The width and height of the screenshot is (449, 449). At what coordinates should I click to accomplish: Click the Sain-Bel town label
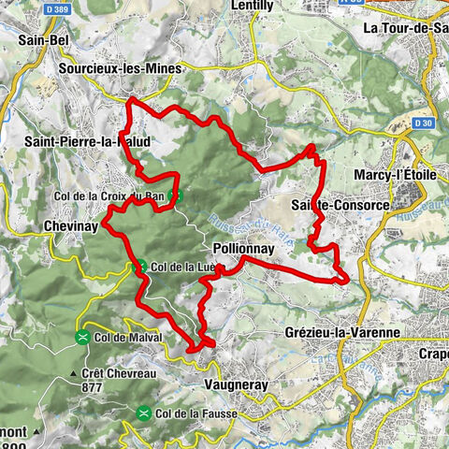click(45, 41)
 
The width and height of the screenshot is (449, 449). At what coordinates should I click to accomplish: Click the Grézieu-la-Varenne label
click(341, 332)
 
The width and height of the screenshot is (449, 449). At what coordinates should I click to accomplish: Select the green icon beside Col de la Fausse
click(144, 413)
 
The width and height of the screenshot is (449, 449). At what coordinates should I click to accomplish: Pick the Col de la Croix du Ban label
click(112, 196)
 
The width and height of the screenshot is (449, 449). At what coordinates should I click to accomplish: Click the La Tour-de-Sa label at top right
click(404, 29)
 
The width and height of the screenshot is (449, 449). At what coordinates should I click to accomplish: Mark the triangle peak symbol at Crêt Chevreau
click(72, 372)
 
